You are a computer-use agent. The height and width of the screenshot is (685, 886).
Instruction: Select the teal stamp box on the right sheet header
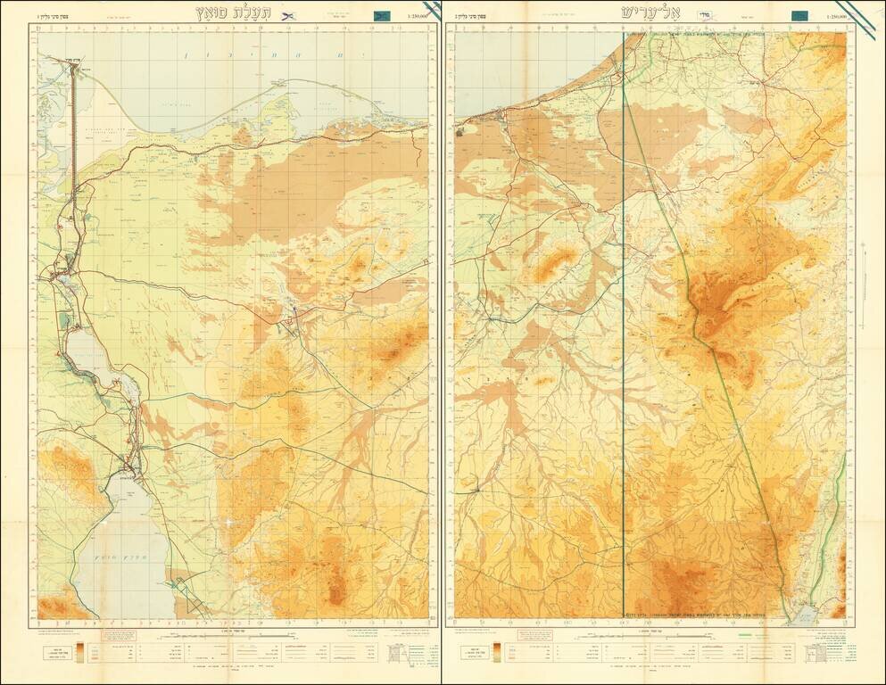tap(800, 15)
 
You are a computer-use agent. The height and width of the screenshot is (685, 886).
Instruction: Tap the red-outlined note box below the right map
tap(531, 635)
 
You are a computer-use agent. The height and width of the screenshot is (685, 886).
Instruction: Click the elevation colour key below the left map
tap(79, 653)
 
